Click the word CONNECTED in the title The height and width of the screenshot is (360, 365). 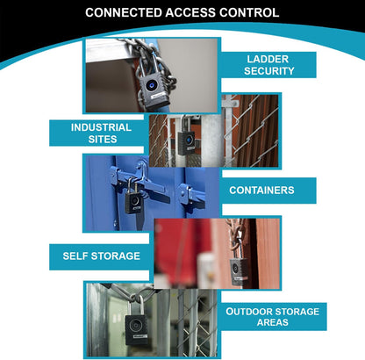[124, 12]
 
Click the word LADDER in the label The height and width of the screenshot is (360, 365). [268, 59]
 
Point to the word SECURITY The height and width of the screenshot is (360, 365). [269, 71]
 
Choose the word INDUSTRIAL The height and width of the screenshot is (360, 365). [101, 127]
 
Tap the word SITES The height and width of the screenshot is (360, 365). [103, 139]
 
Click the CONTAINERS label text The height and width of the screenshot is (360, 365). [261, 191]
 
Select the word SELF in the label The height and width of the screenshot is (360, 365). [75, 256]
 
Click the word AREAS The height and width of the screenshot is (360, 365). [273, 322]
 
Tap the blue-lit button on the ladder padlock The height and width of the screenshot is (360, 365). [152, 85]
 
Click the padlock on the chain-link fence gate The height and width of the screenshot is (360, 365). [186, 139]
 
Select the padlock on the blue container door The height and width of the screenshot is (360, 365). [133, 199]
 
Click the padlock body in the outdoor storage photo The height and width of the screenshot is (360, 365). [136, 329]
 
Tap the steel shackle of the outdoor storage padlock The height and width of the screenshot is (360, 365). [135, 305]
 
